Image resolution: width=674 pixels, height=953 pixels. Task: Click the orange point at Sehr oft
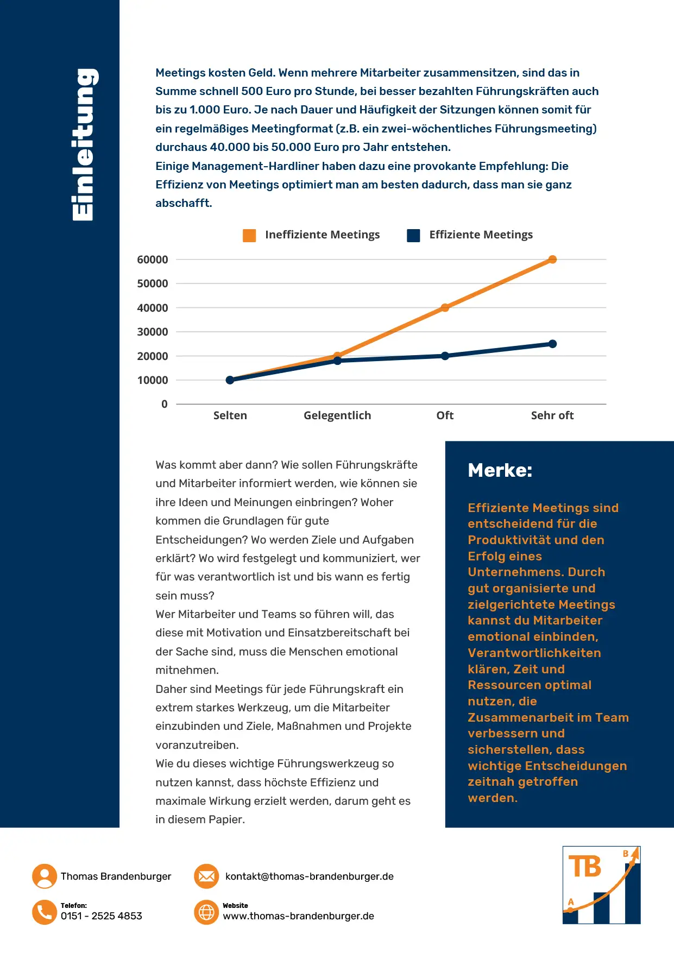(x=552, y=260)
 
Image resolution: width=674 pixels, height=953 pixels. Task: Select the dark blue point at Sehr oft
(x=552, y=344)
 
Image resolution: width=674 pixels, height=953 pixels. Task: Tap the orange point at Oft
(x=445, y=308)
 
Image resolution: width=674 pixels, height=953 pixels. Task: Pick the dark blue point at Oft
(x=445, y=356)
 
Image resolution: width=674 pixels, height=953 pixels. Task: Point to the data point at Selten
(x=230, y=380)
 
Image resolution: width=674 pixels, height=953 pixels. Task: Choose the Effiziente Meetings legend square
(x=413, y=235)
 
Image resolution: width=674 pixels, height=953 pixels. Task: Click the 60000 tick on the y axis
(x=153, y=260)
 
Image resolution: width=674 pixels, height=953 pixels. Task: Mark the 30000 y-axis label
(x=153, y=332)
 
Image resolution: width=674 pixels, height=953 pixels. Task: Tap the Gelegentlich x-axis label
(x=337, y=415)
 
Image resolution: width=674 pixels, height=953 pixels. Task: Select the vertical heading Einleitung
(x=84, y=144)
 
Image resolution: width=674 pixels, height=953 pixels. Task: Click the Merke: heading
(x=500, y=470)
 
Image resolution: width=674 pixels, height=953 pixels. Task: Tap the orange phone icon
(x=45, y=912)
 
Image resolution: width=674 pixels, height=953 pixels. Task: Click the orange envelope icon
(x=206, y=876)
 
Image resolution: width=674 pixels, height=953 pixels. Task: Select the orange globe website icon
(x=206, y=912)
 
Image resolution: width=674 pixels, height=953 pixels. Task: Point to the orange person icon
(x=45, y=876)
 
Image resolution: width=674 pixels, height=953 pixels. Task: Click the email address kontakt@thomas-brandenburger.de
(x=309, y=876)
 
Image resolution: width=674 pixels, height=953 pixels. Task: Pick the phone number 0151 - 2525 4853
(x=102, y=916)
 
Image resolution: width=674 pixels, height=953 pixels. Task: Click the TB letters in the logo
(x=585, y=867)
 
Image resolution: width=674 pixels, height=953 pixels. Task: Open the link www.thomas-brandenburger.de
(x=298, y=916)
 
